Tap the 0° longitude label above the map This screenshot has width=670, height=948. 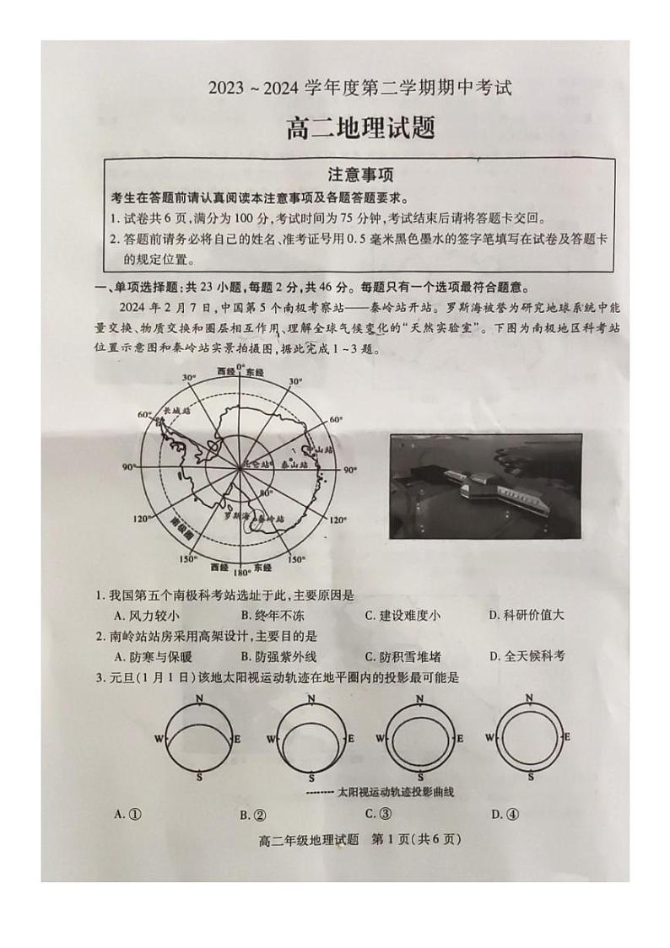click(x=240, y=368)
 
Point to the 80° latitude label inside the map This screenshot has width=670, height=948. click(x=266, y=492)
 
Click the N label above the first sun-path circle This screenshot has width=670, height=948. click(x=199, y=699)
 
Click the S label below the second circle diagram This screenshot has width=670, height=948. click(x=311, y=777)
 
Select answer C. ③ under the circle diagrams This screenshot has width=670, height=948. click(x=379, y=813)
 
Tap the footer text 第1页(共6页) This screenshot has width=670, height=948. click(x=419, y=838)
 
